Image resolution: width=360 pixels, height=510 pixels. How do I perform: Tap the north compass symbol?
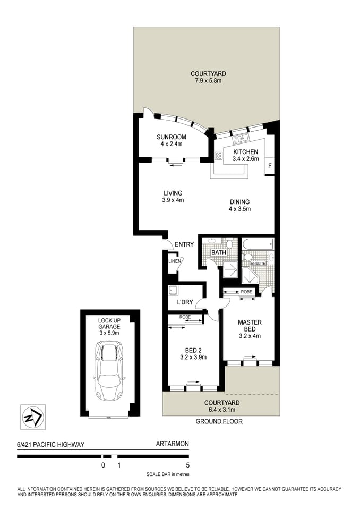click(x=32, y=417)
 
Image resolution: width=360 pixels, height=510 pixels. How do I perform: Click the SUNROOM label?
click(x=171, y=137)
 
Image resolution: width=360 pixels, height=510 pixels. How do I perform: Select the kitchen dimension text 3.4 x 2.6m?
click(x=245, y=159)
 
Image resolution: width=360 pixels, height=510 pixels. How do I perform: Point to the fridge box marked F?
click(x=270, y=166)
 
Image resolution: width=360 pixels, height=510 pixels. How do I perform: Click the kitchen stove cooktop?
click(x=218, y=156)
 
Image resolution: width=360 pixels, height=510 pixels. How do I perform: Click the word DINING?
click(x=239, y=202)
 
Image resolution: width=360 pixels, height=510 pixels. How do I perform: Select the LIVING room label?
click(x=173, y=193)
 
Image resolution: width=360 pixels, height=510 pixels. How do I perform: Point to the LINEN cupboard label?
click(x=175, y=261)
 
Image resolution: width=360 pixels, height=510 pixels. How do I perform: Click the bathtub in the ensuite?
click(x=258, y=245)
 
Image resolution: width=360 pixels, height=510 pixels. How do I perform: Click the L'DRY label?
click(x=184, y=302)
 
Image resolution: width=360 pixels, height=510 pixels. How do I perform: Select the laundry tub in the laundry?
click(x=173, y=291)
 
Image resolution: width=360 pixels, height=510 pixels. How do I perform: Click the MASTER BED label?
click(x=250, y=326)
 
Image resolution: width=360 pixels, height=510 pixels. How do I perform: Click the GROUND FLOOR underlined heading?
click(x=219, y=421)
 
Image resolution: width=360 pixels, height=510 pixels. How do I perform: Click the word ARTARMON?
click(x=172, y=444)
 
